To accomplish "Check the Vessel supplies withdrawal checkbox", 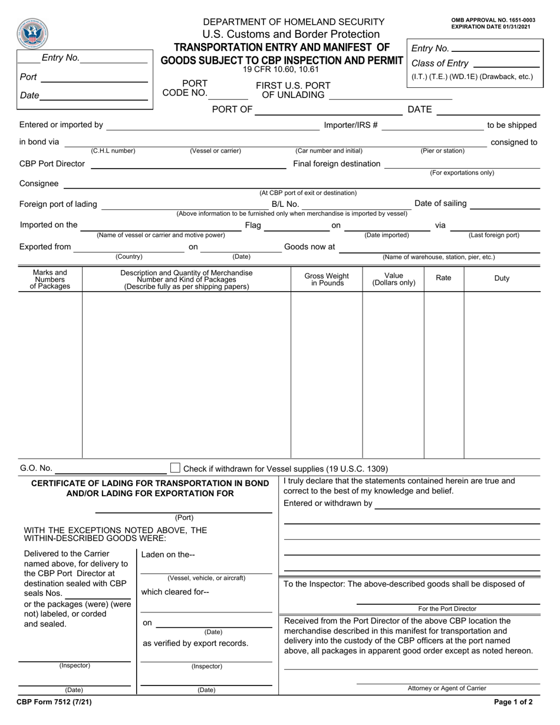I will pyautogui.click(x=175, y=468).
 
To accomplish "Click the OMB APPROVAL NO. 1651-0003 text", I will pyautogui.click(x=493, y=20).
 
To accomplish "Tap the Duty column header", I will pyautogui.click(x=502, y=278).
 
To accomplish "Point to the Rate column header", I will pyautogui.click(x=443, y=278).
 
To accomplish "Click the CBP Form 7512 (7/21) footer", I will pyautogui.click(x=54, y=702).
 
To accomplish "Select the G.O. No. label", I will pyautogui.click(x=36, y=469).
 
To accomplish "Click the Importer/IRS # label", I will pyautogui.click(x=351, y=125).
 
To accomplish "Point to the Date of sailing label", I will pyautogui.click(x=441, y=203).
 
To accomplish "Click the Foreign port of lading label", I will pyautogui.click(x=58, y=205).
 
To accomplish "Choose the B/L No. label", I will pyautogui.click(x=285, y=205).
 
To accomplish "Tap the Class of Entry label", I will pyautogui.click(x=440, y=64).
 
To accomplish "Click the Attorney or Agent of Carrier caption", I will pyautogui.click(x=447, y=688).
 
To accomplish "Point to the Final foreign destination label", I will pyautogui.click(x=337, y=164).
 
